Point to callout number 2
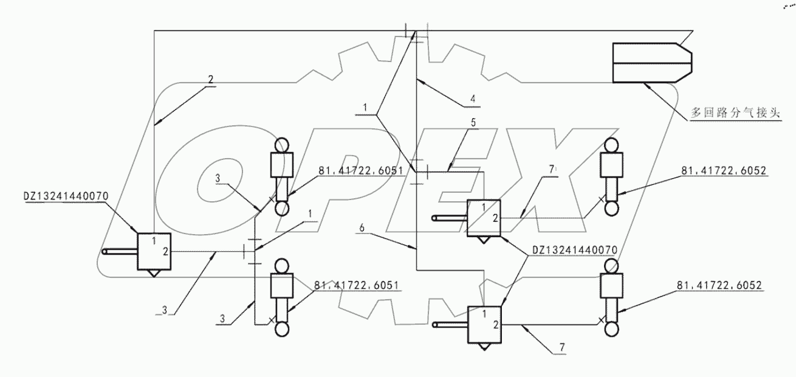point(210,80)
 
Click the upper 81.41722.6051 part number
point(360,171)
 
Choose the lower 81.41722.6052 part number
point(719,284)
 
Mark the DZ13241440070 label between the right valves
point(575,249)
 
